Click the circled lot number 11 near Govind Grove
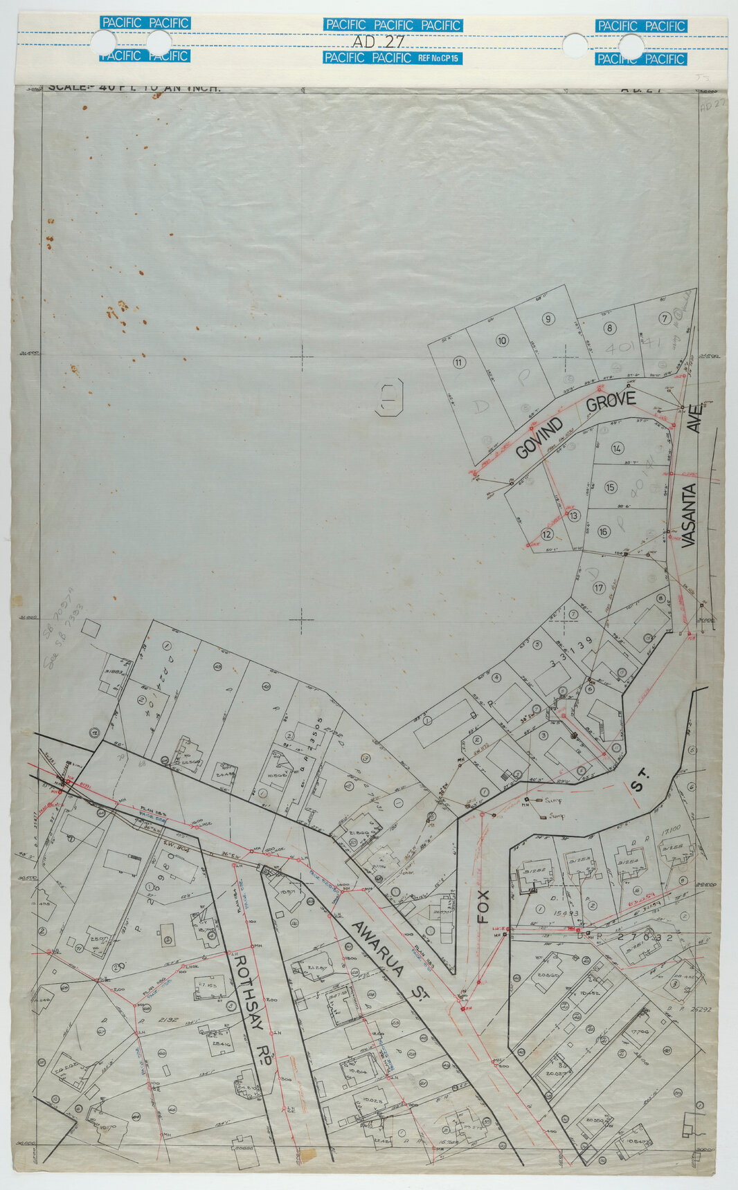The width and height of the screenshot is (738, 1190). tap(458, 363)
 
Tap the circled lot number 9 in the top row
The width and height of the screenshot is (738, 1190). tap(548, 319)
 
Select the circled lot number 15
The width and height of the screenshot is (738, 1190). tap(610, 488)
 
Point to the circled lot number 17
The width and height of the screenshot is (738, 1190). tap(600, 588)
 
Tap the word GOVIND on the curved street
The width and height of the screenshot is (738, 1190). tap(539, 440)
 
